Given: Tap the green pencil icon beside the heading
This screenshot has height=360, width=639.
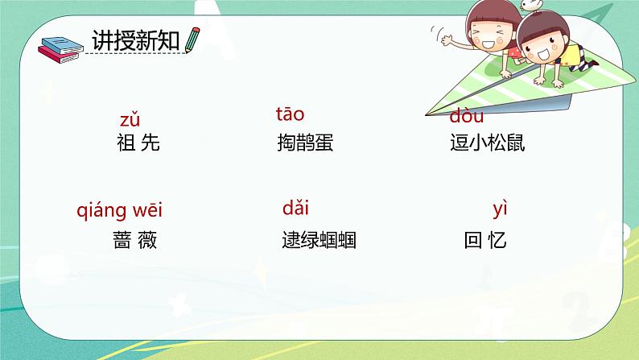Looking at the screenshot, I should click(192, 40).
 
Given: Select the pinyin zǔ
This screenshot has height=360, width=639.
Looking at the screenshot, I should click(130, 121).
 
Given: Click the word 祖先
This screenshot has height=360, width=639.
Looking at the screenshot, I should click(138, 143).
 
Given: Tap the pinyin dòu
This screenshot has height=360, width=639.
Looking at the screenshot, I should click(466, 118).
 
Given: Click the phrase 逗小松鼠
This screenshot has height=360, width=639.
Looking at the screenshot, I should click(487, 143).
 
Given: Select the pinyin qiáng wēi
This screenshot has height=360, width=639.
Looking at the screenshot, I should click(119, 211).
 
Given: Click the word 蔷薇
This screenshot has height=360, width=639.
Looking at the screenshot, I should click(135, 240).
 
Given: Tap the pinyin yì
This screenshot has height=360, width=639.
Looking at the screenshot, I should click(500, 210).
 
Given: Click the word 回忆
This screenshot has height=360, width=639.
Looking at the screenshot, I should click(485, 240).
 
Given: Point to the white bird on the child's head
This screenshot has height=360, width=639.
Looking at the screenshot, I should click(529, 6).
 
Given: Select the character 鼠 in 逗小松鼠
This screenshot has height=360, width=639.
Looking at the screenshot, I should click(515, 143).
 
